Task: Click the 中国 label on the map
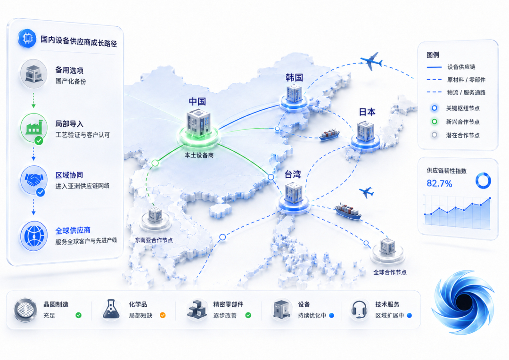[x=197, y=101]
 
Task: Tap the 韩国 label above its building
[x=294, y=77]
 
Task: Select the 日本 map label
[x=367, y=112]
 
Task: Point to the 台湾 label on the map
[x=293, y=174]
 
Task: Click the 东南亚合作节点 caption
[x=154, y=240]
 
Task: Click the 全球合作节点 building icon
[x=387, y=246]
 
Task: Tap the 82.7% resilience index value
[x=439, y=183]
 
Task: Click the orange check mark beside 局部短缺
[x=163, y=315]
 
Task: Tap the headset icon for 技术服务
[x=359, y=310]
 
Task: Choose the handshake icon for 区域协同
[x=34, y=180]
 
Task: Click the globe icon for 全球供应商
[x=34, y=236]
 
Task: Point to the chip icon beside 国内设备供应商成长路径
[x=27, y=38]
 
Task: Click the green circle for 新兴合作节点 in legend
[x=435, y=122]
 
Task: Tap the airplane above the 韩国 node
[x=371, y=61]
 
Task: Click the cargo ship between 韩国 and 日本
[x=329, y=134]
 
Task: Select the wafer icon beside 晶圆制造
[x=25, y=310]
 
